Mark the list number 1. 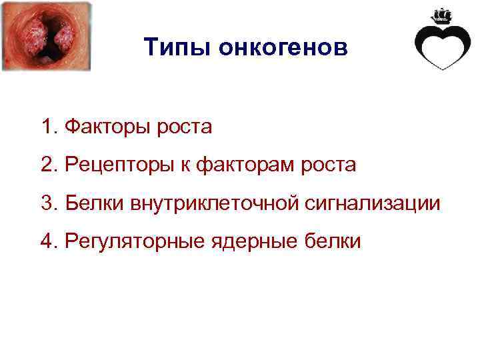pos(46,127)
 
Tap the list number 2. pos(46,165)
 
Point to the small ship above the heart pos(442,15)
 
